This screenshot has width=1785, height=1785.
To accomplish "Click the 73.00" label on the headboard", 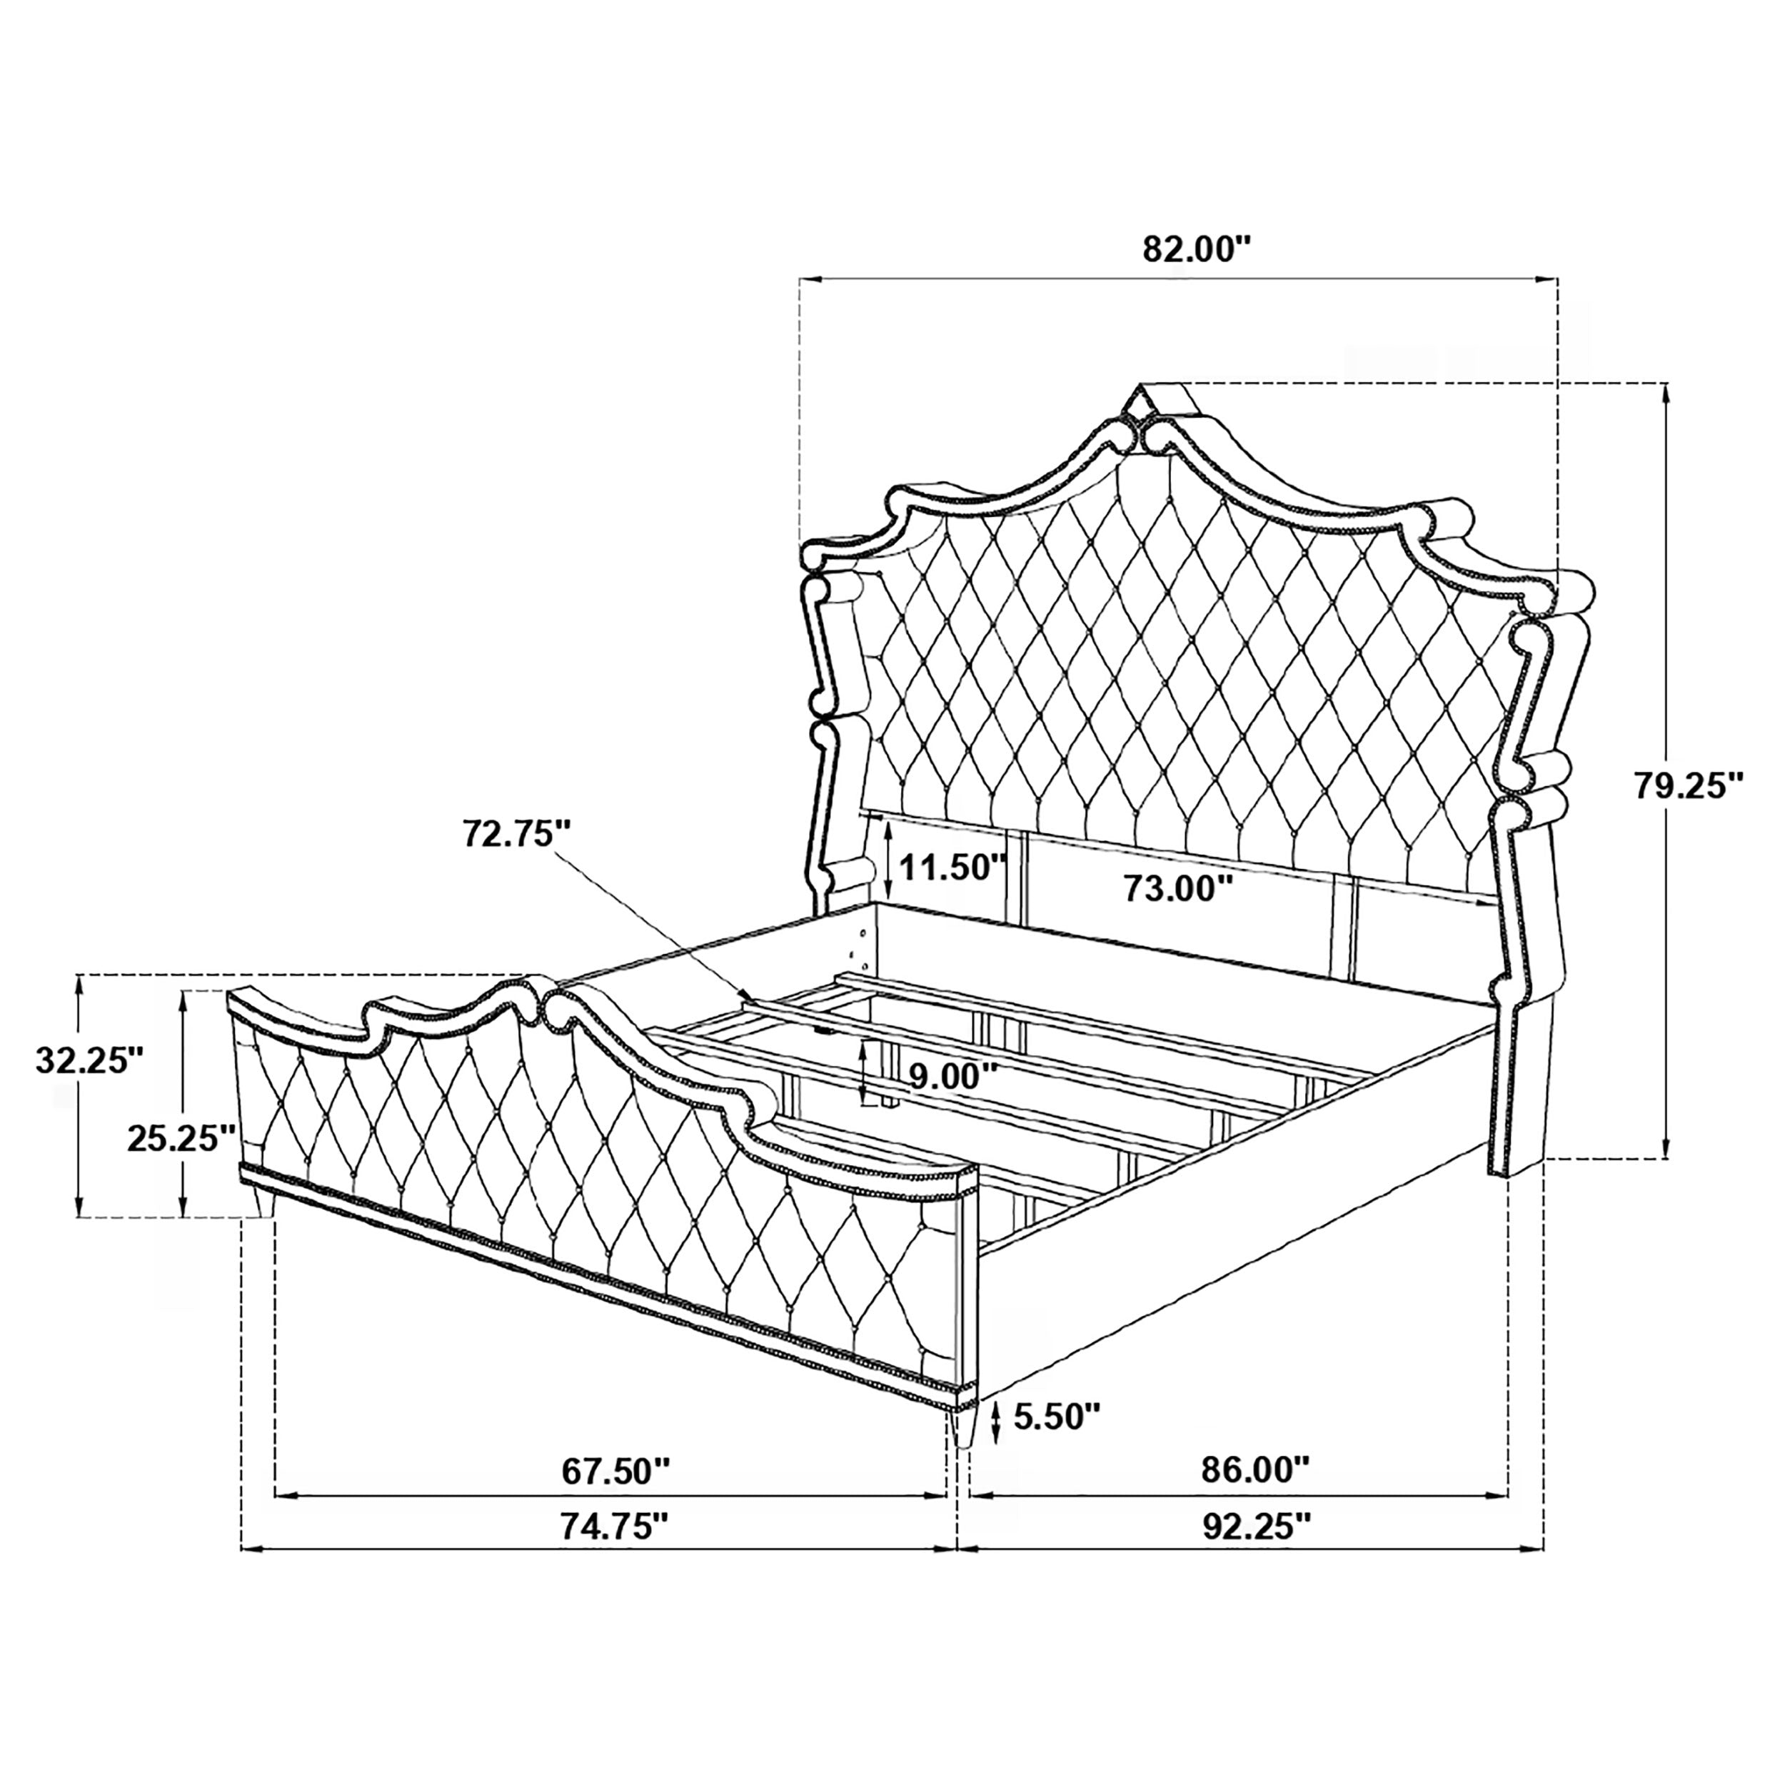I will pos(1178,889).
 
